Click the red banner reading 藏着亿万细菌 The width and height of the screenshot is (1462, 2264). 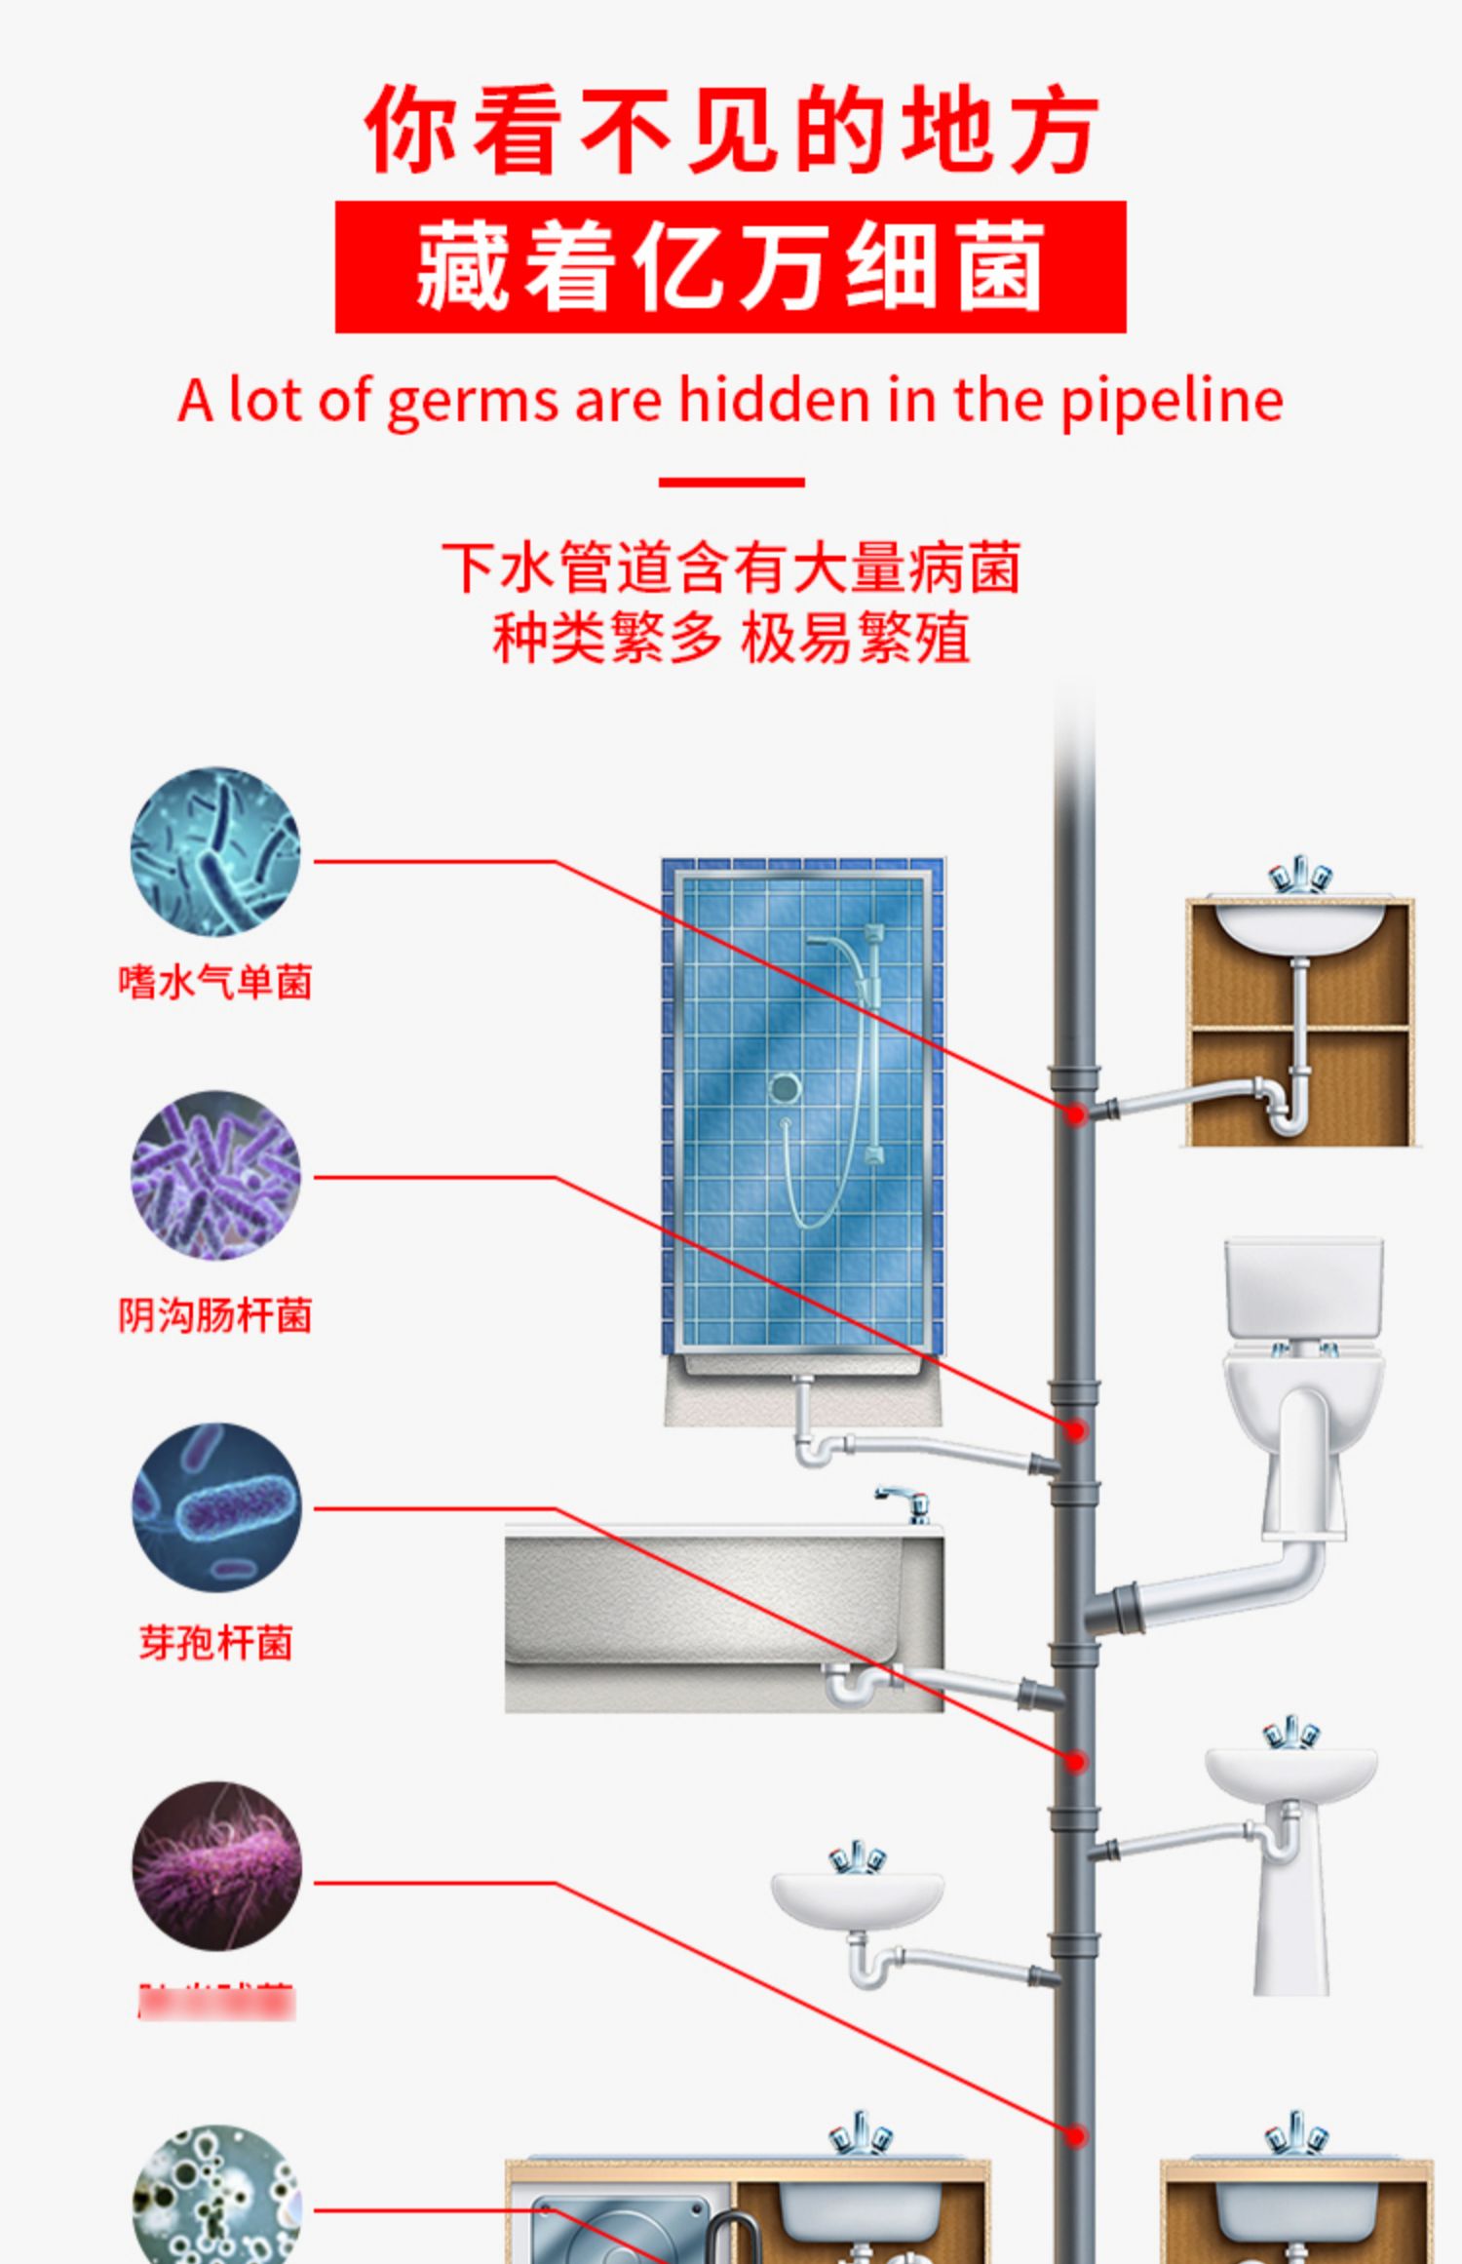730,267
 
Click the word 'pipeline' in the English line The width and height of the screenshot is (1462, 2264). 1171,401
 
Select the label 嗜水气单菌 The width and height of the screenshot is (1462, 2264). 215,981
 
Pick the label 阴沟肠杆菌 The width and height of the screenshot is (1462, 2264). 215,1315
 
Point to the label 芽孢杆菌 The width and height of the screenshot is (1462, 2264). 215,1643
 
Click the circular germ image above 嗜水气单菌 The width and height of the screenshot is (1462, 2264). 215,852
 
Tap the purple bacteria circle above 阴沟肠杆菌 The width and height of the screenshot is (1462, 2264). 215,1176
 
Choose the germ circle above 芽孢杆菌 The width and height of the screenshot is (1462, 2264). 215,1507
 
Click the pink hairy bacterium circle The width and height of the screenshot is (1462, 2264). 215,1866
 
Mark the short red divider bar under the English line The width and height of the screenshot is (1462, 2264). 731,482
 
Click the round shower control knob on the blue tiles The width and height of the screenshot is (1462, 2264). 784,1088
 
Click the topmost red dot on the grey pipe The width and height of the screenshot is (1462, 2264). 1076,1113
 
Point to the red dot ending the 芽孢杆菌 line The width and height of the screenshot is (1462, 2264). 1076,1761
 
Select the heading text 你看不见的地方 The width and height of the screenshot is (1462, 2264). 731,130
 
